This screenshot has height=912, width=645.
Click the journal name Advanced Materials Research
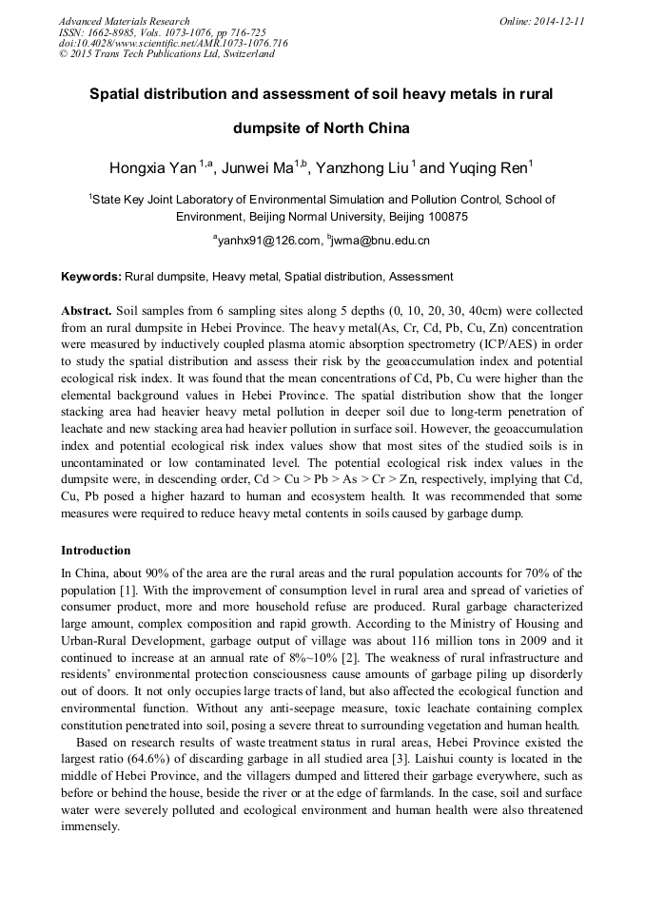(124, 21)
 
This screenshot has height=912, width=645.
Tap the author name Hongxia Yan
(152, 169)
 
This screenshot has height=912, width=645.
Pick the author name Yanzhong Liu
(362, 169)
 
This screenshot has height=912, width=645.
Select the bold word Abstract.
(87, 311)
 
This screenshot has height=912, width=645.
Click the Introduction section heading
(96, 551)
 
